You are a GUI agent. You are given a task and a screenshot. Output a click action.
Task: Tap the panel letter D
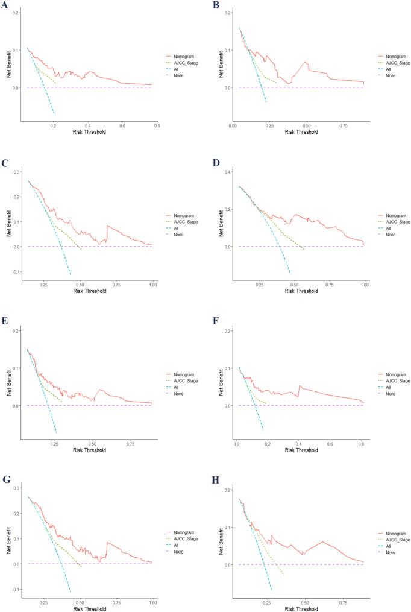(x=215, y=162)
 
